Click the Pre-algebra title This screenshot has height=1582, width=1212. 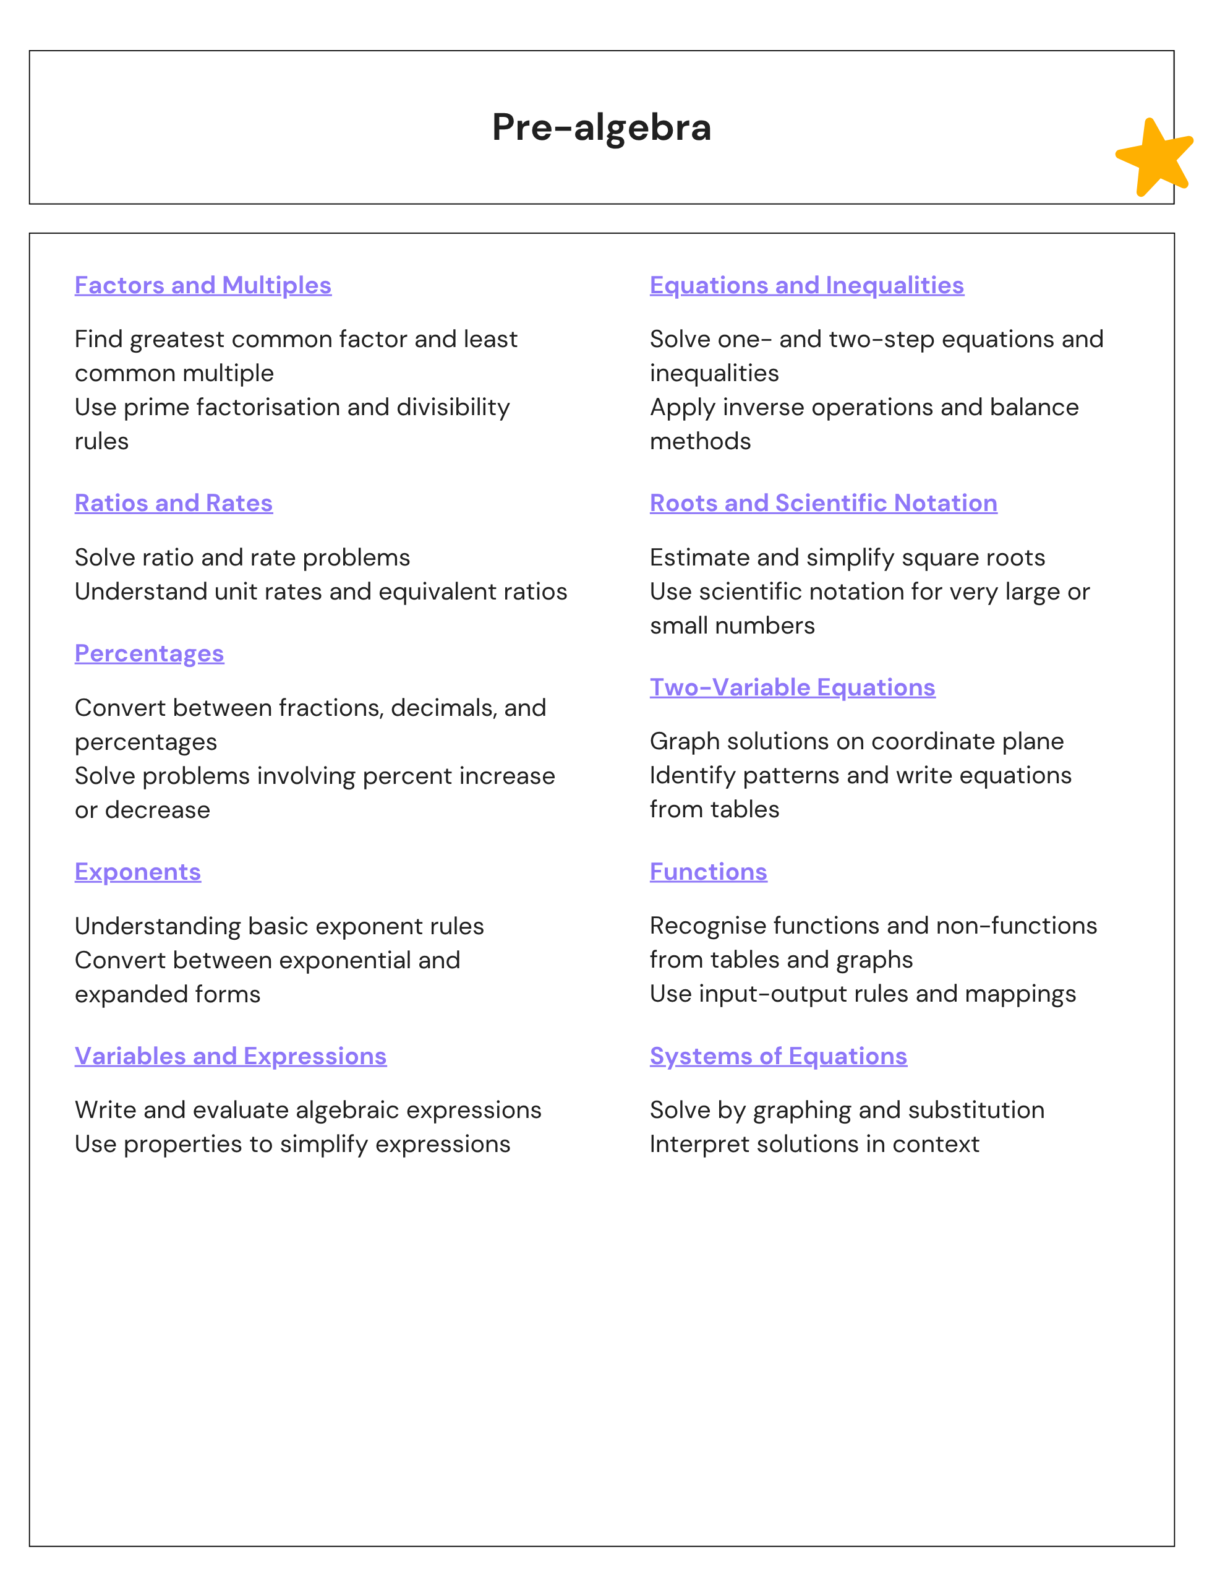(x=601, y=127)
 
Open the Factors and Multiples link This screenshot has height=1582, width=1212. (x=203, y=285)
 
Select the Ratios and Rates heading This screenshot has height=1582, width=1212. (x=173, y=503)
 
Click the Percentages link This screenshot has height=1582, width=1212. (x=150, y=653)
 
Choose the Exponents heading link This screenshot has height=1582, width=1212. (x=138, y=872)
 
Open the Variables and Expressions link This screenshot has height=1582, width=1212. (x=230, y=1056)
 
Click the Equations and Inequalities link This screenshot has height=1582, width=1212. (x=806, y=285)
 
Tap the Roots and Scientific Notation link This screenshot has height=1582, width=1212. (x=823, y=503)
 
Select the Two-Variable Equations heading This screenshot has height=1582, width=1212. (x=792, y=687)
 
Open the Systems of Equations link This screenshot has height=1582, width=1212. (x=778, y=1056)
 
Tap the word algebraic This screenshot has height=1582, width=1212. (x=347, y=1110)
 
